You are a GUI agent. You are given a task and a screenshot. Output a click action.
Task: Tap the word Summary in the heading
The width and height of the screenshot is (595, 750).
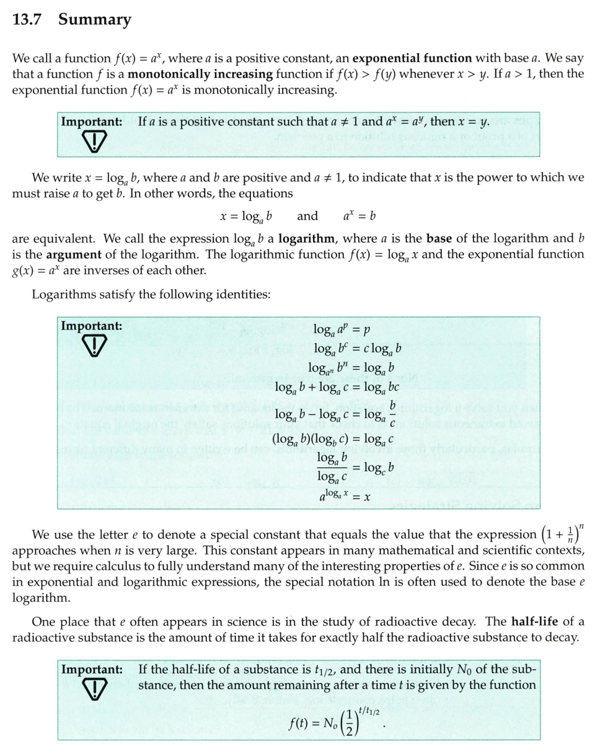point(95,20)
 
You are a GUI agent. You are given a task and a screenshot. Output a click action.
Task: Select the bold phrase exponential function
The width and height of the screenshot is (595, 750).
point(412,58)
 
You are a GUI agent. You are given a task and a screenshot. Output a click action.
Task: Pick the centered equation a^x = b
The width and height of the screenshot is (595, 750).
point(359,216)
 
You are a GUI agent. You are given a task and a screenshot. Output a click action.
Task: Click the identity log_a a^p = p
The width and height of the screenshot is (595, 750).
point(342,329)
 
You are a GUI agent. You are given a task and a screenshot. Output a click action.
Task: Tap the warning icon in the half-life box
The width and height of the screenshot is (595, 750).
point(91,689)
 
